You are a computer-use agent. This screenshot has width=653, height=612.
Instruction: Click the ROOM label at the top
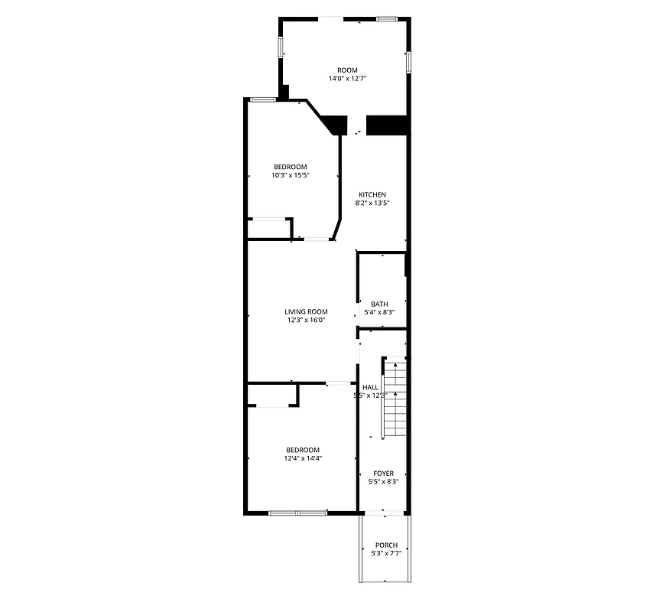pos(347,70)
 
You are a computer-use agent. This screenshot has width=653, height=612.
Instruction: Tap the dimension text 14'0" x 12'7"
pos(347,79)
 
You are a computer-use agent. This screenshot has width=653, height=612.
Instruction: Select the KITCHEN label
pos(372,194)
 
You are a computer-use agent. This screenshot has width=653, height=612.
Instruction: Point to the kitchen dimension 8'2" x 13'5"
pos(372,203)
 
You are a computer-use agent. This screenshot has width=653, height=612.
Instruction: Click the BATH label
pos(379,304)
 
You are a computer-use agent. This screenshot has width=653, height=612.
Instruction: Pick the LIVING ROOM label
pos(306,311)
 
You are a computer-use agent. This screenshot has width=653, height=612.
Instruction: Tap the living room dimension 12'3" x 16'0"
pos(306,321)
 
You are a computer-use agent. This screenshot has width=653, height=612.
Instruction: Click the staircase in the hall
pos(393,398)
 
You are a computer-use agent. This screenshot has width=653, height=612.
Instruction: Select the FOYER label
pos(384,474)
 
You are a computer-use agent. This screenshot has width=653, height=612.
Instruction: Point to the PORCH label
pos(385,545)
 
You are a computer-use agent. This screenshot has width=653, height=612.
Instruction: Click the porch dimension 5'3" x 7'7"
pos(385,554)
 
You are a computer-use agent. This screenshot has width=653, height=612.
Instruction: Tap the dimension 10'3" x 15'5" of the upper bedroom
pos(290,175)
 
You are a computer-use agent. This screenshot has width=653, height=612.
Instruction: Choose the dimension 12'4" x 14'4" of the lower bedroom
pos(303,459)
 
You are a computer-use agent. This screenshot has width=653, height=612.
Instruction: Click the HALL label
pos(371,387)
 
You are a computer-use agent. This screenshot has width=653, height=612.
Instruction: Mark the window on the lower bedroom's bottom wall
pos(297,513)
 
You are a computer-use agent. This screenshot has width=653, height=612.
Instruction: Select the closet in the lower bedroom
pos(271,396)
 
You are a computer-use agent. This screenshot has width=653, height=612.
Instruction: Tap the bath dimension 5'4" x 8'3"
pos(379,313)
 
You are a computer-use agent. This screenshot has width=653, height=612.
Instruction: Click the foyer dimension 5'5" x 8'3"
pos(384,482)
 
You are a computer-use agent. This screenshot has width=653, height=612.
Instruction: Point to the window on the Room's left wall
pos(281,47)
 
